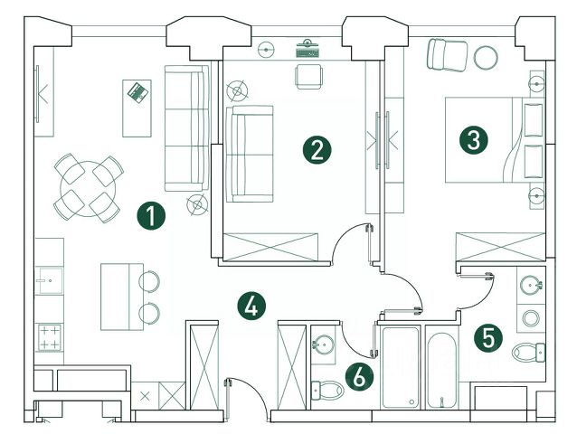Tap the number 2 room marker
coord(315,149)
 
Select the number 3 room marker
coord(473,139)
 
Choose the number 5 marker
coord(489,338)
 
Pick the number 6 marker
coord(358,376)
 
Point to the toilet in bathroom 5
coord(528,351)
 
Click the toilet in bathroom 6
coord(326,390)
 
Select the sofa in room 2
coord(249,154)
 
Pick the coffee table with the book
coord(137,107)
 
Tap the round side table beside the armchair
coord(486,57)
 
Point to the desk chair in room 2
coord(307,77)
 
